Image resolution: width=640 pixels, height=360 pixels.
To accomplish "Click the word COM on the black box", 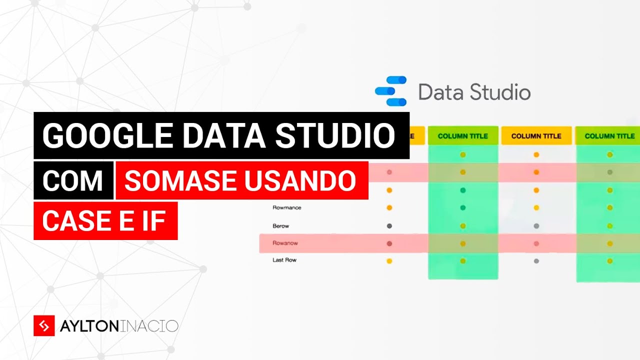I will [73, 180].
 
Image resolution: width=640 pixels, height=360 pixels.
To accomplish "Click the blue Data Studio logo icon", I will [391, 91].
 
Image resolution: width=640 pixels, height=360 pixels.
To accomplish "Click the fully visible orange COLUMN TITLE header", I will [536, 136].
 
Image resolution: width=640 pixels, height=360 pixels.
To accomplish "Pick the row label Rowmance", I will [287, 207].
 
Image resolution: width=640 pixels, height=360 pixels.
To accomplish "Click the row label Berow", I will [281, 226].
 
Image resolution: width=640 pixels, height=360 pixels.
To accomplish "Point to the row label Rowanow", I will [285, 243].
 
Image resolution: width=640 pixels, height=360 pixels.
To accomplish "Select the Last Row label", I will [284, 260].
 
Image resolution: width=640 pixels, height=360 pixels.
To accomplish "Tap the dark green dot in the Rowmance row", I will [463, 207].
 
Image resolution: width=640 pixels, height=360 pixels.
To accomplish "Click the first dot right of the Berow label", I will [389, 226].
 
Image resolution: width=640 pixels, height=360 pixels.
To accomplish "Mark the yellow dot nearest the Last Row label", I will [389, 260].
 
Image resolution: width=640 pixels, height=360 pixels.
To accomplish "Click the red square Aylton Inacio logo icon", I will [44, 326].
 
